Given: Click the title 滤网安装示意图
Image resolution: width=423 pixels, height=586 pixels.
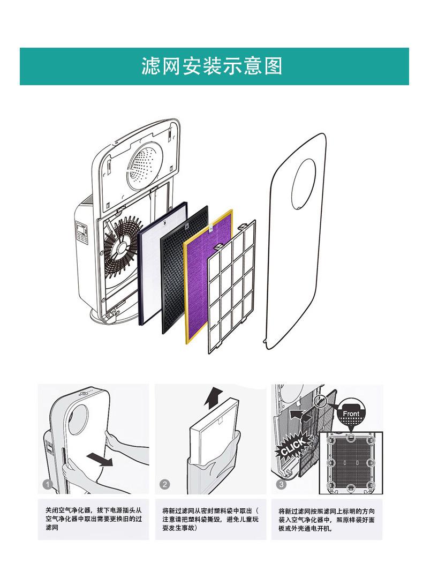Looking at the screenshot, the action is coord(211,66).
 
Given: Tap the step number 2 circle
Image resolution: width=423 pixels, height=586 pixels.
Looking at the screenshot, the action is coord(165,485).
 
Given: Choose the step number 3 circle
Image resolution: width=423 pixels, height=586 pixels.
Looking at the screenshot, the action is coord(282,485).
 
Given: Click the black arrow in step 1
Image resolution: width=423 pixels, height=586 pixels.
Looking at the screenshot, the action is coord(100,459).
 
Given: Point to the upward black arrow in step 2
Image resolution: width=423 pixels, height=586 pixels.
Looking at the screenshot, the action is coord(214,398).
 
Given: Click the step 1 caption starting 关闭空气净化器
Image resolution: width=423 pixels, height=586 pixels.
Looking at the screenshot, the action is coord(94,519).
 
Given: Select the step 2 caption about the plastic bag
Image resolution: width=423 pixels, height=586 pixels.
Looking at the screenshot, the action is coord(210,519).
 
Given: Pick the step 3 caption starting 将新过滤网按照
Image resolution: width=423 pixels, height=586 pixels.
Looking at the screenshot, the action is coord(326,519).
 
